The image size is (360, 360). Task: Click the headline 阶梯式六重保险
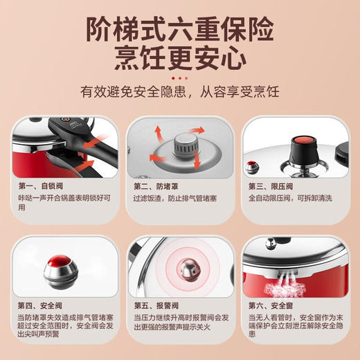(179, 30)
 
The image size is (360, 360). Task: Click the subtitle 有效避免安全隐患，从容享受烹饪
(179, 91)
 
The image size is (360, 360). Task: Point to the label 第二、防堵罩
(156, 186)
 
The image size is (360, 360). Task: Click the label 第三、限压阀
(271, 186)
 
